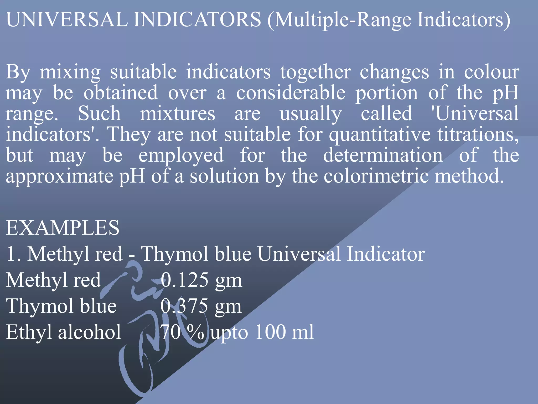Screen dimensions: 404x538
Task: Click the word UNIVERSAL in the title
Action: tap(67, 20)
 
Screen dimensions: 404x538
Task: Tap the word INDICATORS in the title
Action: tap(197, 20)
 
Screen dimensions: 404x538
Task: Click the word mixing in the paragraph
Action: tap(70, 73)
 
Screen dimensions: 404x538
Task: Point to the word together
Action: tap(315, 73)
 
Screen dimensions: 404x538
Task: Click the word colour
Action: tap(492, 72)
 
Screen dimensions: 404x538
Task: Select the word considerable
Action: tap(291, 93)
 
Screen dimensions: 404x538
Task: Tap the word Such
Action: tap(100, 114)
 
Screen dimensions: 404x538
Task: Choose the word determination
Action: tap(383, 155)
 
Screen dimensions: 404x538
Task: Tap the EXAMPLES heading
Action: tap(63, 228)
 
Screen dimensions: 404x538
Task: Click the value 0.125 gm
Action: tap(201, 280)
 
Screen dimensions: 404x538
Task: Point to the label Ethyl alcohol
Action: tap(64, 332)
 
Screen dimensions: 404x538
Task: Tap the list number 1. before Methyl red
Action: tap(13, 254)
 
